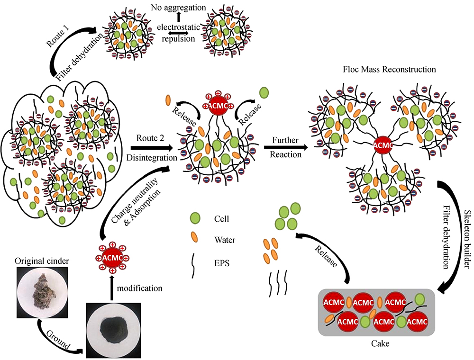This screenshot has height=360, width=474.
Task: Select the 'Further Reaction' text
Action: (286, 147)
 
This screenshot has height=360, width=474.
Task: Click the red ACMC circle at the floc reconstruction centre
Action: (383, 145)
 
